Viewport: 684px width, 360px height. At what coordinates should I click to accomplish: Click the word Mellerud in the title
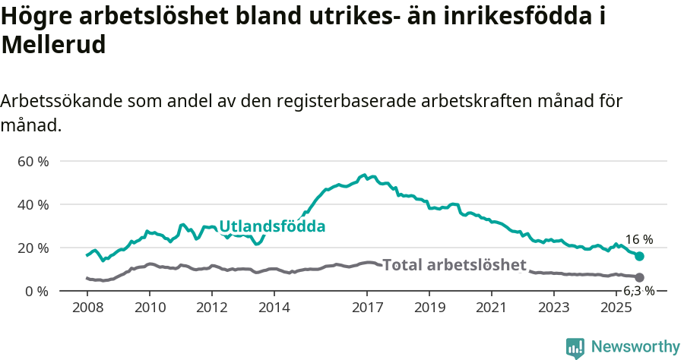click(x=53, y=45)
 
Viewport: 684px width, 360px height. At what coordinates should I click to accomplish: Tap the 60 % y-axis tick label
click(x=33, y=162)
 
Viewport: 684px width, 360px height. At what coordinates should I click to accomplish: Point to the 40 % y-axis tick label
click(x=33, y=205)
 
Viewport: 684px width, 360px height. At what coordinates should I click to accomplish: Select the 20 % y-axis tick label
click(x=33, y=248)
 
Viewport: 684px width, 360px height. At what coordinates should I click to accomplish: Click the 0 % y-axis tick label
click(x=37, y=292)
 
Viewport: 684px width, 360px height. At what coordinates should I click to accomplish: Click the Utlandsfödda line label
click(x=272, y=226)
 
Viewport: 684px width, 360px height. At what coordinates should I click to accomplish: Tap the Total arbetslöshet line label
click(x=454, y=265)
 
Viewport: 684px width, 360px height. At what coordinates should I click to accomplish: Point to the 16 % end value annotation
click(x=639, y=240)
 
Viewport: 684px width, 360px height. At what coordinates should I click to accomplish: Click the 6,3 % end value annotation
click(x=638, y=291)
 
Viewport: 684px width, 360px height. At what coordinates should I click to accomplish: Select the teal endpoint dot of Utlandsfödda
click(x=640, y=257)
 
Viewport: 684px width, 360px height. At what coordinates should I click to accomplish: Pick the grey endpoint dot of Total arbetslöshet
click(x=640, y=278)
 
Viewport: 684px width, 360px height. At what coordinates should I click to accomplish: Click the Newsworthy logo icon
click(x=575, y=348)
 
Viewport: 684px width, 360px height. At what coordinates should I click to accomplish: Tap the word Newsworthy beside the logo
click(x=635, y=347)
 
